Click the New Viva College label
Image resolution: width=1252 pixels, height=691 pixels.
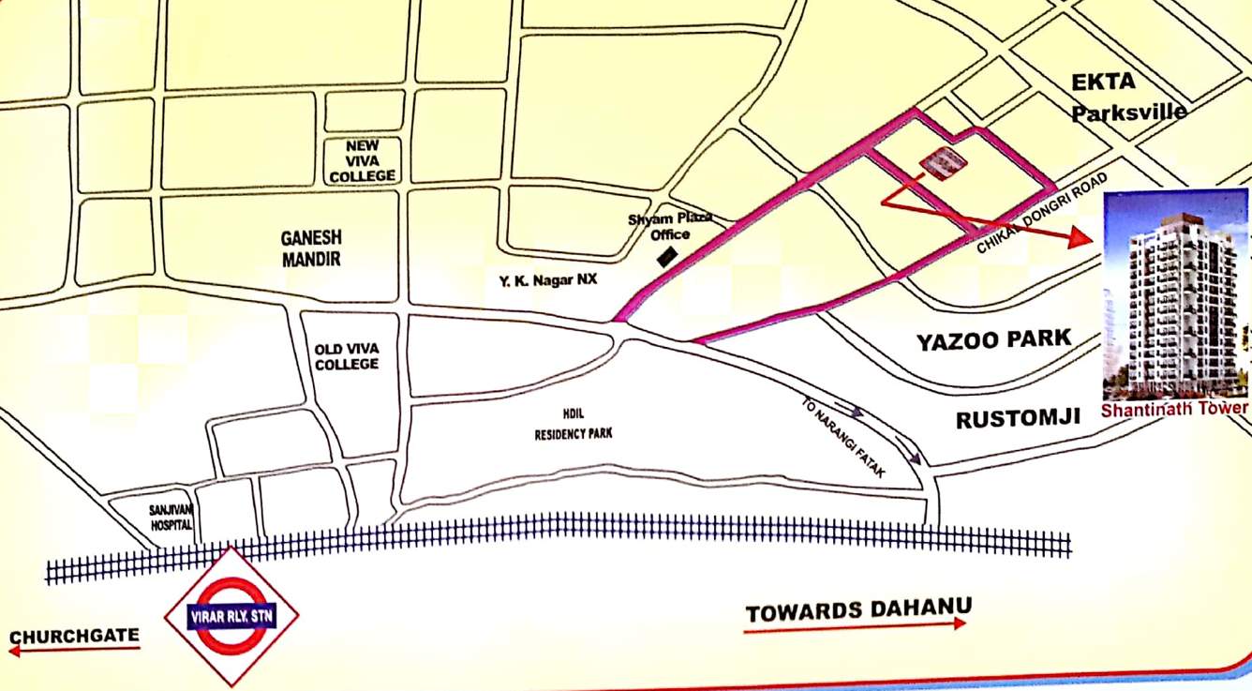pos(363,161)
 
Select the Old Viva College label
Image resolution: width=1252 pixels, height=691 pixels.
pos(347,356)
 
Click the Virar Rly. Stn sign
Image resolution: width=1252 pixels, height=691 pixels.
pos(231,616)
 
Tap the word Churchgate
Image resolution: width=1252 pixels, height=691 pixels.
pos(75,638)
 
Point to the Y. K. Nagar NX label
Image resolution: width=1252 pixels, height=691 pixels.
pos(548,278)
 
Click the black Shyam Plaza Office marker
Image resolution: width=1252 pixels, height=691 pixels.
pos(667,256)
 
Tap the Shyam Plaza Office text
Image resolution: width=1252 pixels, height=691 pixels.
pos(670,227)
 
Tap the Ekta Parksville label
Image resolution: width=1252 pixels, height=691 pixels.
pos(1129,97)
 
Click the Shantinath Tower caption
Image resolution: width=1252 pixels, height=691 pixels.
pos(1174,409)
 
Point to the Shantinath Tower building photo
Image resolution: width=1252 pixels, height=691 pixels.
pos(1175,295)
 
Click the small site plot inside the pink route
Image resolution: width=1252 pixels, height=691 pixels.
pos(943,163)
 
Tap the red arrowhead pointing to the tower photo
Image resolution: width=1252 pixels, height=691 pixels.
pos(1082,238)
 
